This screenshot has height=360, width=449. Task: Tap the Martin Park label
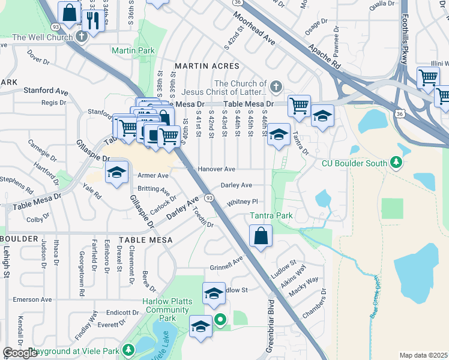129,52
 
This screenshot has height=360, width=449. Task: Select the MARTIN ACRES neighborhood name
206,65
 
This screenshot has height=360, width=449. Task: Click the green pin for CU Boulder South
396,162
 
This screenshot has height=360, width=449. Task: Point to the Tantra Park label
271,216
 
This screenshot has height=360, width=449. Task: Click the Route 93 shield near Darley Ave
208,197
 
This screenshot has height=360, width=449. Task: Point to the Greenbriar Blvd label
271,327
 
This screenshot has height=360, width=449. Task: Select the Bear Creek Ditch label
376,300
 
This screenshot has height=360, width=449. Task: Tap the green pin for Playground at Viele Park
128,349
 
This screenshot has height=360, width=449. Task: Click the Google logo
20,353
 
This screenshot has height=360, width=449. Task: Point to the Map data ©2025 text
423,355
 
